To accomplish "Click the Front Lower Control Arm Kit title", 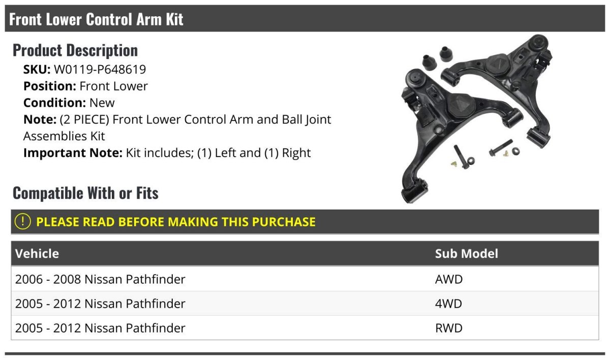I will (x=96, y=19).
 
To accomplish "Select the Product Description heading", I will (x=75, y=50).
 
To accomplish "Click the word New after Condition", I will (x=102, y=103).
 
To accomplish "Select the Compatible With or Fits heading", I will (x=85, y=193).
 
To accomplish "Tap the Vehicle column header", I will (x=37, y=254).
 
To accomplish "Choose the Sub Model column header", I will (x=466, y=254).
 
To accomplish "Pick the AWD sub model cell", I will (x=449, y=279).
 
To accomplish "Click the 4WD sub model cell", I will (x=449, y=304).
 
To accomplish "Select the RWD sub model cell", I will (x=449, y=328).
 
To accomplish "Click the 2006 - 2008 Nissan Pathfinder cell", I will (x=100, y=279).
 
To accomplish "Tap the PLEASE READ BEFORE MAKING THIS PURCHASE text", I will (x=176, y=222).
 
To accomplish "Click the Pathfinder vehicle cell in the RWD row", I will (x=100, y=328).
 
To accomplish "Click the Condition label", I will (x=54, y=103).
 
